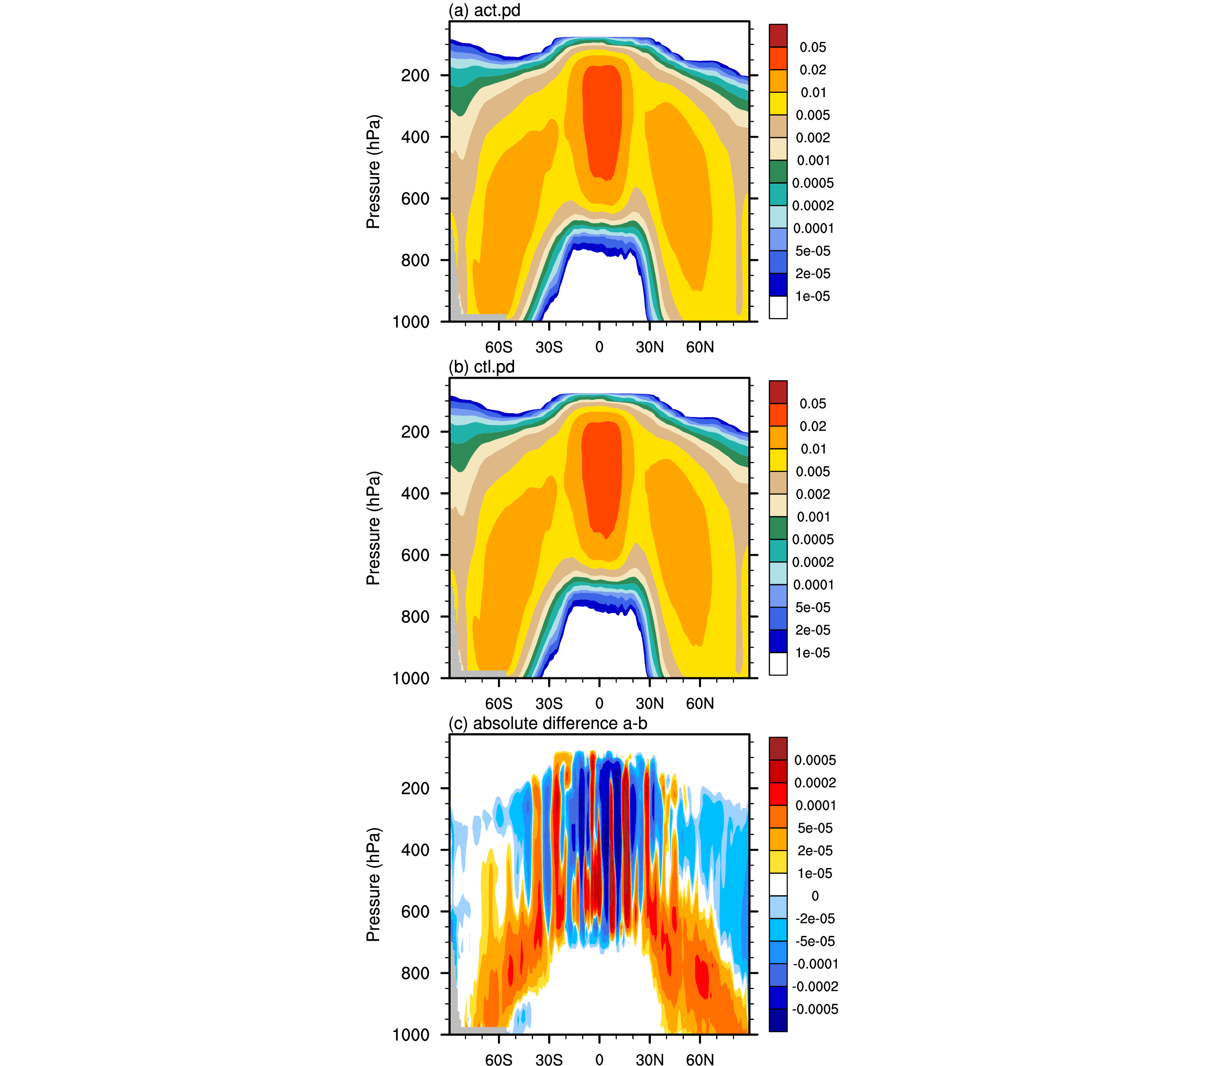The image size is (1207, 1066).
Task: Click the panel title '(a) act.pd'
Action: pos(484,10)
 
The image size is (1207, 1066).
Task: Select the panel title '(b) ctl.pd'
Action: pos(481,367)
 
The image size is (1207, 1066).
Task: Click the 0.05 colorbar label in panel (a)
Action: pos(813,47)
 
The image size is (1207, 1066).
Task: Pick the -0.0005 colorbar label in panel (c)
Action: pos(815,1009)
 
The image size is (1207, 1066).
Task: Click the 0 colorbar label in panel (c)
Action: pos(815,896)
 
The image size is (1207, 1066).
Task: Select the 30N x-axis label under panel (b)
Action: pos(649,703)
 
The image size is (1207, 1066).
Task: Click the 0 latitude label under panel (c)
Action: pos(599,1059)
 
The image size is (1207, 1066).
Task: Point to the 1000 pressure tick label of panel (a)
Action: pos(411,322)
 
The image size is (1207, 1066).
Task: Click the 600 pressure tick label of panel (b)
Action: pos(415,555)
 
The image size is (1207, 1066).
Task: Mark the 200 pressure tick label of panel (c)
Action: pos(415,789)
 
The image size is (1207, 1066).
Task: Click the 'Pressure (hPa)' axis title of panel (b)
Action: pos(373,528)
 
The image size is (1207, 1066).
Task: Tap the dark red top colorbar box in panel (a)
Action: pos(778,36)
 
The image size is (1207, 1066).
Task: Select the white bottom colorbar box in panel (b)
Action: pos(778,664)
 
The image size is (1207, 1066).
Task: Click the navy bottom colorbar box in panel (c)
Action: pos(778,1021)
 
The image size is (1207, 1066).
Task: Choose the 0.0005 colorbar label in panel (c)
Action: pos(815,760)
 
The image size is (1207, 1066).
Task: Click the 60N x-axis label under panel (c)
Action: pos(700,1059)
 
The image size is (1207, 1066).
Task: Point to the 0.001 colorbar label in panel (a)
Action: pos(813,160)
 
